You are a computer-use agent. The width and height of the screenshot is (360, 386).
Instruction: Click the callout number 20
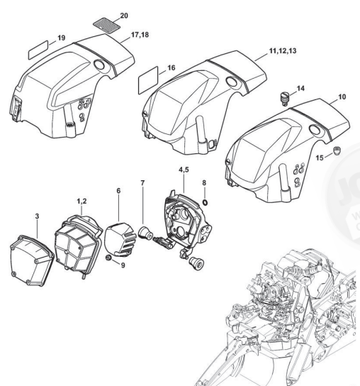click(x=124, y=16)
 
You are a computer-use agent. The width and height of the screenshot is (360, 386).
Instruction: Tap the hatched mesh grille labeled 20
click(x=106, y=24)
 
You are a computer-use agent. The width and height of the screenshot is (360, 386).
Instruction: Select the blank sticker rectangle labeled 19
click(x=38, y=50)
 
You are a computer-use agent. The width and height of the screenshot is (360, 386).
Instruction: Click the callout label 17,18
click(x=140, y=35)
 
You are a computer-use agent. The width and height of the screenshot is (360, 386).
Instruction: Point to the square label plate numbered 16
click(x=148, y=80)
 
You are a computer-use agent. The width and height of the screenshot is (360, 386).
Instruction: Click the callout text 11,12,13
click(x=283, y=51)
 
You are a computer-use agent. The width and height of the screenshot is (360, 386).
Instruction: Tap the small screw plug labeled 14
click(x=285, y=99)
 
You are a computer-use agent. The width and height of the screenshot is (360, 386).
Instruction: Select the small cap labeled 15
click(x=337, y=150)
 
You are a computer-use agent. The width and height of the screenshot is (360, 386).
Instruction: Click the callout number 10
click(x=342, y=96)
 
